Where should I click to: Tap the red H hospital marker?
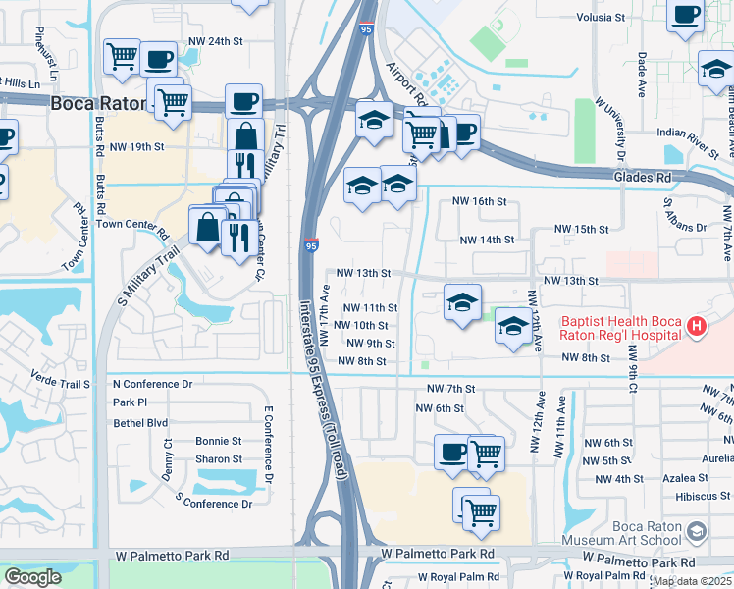tap(696, 326)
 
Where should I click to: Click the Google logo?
tap(32, 577)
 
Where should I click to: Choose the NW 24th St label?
tap(217, 42)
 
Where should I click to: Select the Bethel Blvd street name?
tap(140, 422)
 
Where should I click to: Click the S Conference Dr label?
tap(213, 504)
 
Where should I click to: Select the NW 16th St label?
tap(478, 201)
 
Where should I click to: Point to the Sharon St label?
tap(218, 458)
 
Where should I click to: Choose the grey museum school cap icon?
tap(697, 532)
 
